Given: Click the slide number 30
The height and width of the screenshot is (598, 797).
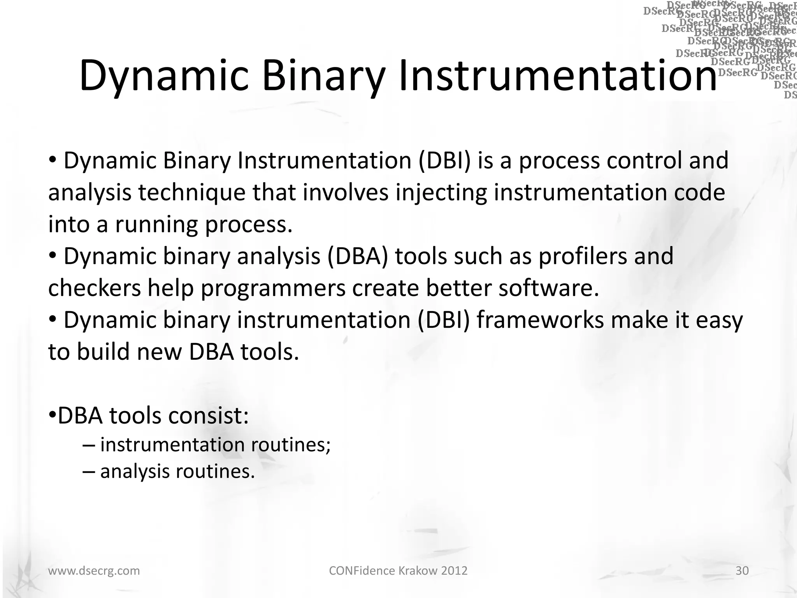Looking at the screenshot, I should click(742, 571).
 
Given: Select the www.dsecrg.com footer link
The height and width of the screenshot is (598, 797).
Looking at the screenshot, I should click(94, 571).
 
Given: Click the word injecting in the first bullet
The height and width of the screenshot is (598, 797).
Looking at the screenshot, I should click(441, 193).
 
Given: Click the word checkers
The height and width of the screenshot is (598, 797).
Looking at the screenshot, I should click(95, 288).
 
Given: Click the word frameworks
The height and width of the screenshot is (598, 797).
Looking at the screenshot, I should click(540, 320).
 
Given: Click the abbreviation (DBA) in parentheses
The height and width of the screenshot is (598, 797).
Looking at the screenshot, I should click(358, 257).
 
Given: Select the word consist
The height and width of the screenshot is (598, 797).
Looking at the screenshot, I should click(208, 416).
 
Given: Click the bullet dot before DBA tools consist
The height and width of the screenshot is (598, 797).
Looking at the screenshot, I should click(52, 415).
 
